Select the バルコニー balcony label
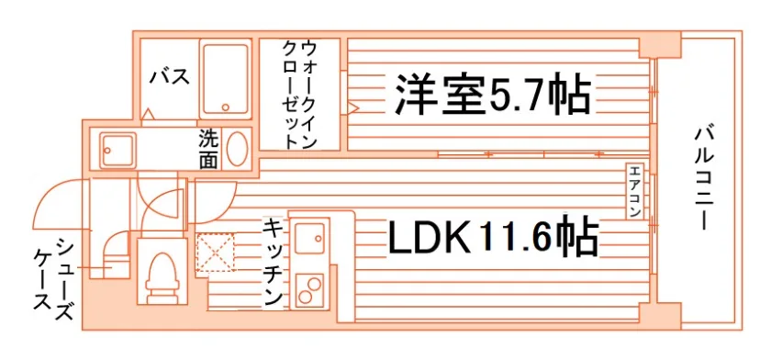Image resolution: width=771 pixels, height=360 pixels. point(704,179)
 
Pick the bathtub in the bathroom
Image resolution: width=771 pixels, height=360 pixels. point(227,79)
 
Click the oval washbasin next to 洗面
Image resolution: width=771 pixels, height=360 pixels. point(237,148)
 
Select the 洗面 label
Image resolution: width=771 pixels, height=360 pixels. point(208,148)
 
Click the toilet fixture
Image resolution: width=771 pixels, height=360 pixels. point(162,272)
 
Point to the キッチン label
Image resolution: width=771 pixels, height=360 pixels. point(273,261)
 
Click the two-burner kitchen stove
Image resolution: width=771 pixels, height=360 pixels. point(309,292)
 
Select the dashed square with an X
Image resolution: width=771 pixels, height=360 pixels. point(217,254)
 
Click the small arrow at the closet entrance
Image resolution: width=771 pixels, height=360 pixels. point(352,107)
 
